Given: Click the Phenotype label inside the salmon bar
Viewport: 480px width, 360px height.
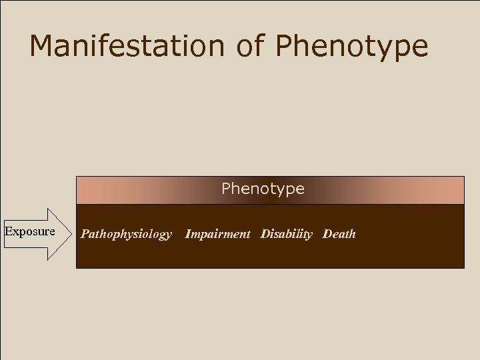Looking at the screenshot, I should click(x=263, y=189).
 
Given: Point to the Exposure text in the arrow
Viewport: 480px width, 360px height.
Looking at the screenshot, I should click(x=30, y=231).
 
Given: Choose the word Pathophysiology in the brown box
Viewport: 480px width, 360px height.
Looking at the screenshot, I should click(x=126, y=235).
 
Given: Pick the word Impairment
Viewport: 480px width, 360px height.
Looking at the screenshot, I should click(x=217, y=234).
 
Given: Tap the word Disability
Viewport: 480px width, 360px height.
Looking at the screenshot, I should click(x=286, y=234).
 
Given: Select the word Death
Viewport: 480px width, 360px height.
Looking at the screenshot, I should click(x=339, y=234).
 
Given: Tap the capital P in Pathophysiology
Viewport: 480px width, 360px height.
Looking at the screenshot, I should click(x=85, y=234).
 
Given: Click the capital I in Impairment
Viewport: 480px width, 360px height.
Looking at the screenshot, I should click(x=188, y=234).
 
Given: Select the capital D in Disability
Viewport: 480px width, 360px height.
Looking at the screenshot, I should click(x=265, y=234).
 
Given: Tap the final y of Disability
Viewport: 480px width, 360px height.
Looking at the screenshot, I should click(x=309, y=235).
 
